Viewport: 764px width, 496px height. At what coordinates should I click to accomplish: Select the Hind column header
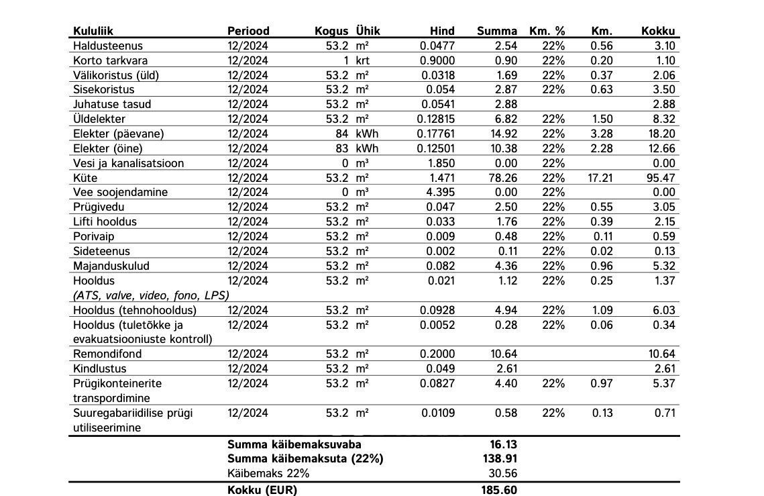[x=442, y=31]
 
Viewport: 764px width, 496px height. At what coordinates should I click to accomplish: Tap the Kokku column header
[x=658, y=31]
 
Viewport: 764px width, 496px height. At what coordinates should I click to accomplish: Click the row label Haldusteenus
[x=108, y=46]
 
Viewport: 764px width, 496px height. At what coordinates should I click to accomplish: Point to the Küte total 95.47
[x=661, y=178]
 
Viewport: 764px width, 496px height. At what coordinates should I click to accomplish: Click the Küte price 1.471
[x=441, y=178]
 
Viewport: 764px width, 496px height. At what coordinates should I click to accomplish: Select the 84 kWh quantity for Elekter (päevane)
[x=342, y=134]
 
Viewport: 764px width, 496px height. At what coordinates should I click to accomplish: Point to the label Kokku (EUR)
[x=262, y=490]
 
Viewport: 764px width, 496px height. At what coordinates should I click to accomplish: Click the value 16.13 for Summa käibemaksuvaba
[x=503, y=444]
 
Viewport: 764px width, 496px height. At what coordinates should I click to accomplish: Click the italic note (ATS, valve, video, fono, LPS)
[x=151, y=295]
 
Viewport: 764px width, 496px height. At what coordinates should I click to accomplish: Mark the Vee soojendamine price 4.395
[x=441, y=192]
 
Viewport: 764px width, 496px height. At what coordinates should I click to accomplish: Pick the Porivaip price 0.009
[x=441, y=236]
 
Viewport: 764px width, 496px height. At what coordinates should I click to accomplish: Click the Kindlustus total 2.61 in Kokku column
[x=664, y=368]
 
